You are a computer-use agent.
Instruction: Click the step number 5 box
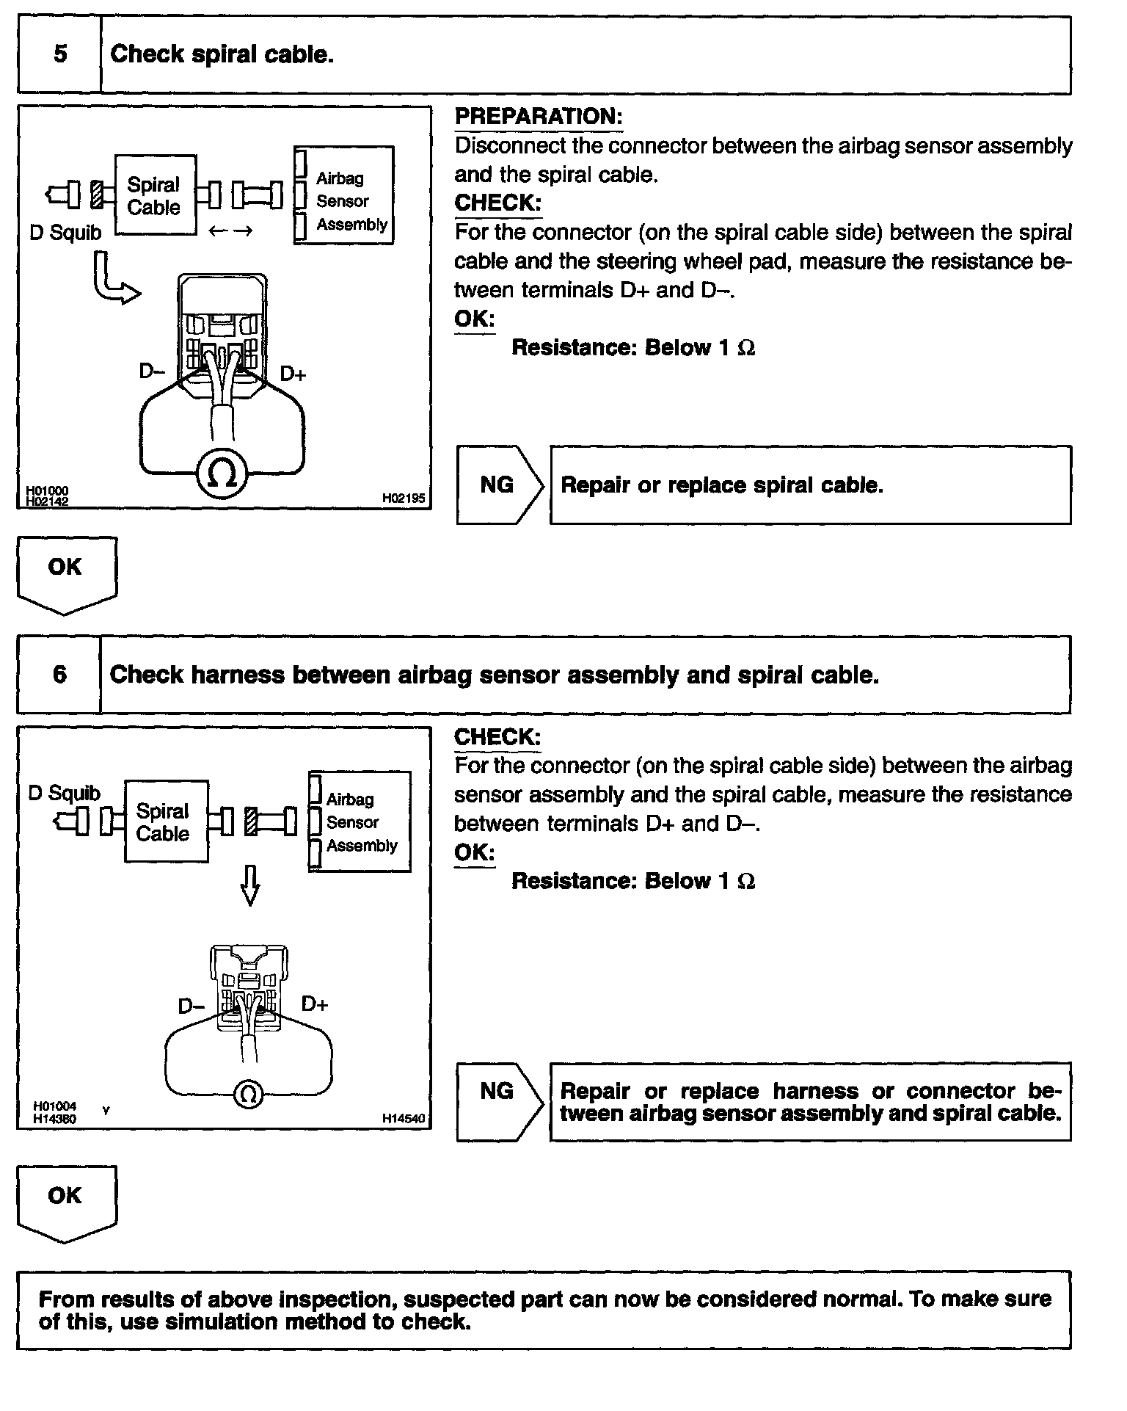(59, 55)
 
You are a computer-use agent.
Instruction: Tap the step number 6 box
(59, 675)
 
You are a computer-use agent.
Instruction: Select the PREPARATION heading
(538, 117)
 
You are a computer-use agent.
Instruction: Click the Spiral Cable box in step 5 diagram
(155, 195)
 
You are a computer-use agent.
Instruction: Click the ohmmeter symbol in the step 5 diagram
(222, 474)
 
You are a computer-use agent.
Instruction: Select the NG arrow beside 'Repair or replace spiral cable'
(499, 485)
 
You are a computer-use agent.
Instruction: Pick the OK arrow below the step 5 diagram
(66, 573)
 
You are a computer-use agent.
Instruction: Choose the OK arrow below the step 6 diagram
(66, 1201)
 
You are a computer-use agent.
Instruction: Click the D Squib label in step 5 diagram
(65, 233)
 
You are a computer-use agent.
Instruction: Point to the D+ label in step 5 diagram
(293, 374)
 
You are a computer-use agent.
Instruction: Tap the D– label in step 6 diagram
(191, 1005)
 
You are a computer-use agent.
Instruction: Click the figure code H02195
(403, 498)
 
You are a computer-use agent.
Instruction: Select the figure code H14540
(403, 1119)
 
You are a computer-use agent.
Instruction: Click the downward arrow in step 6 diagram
(250, 885)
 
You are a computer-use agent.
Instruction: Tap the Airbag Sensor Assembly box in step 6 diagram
(360, 821)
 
